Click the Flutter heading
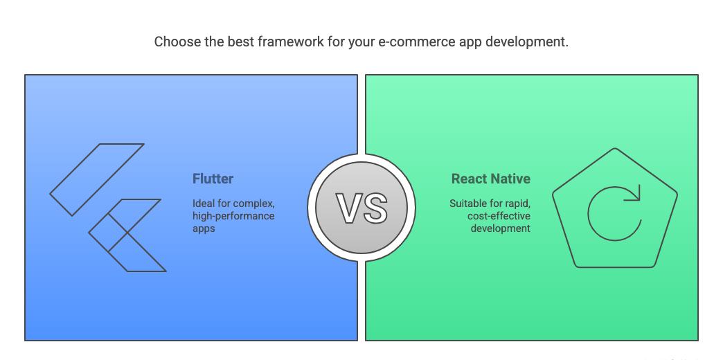tap(213, 179)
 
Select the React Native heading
tap(490, 179)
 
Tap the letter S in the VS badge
tap(375, 208)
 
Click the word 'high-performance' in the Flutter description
tap(233, 216)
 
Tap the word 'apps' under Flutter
tap(204, 229)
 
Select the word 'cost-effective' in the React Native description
tap(499, 216)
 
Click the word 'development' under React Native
tap(500, 228)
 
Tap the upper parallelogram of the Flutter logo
tap(97, 180)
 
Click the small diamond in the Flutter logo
tap(108, 233)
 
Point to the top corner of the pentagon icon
tap(615, 148)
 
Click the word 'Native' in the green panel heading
tap(510, 179)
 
